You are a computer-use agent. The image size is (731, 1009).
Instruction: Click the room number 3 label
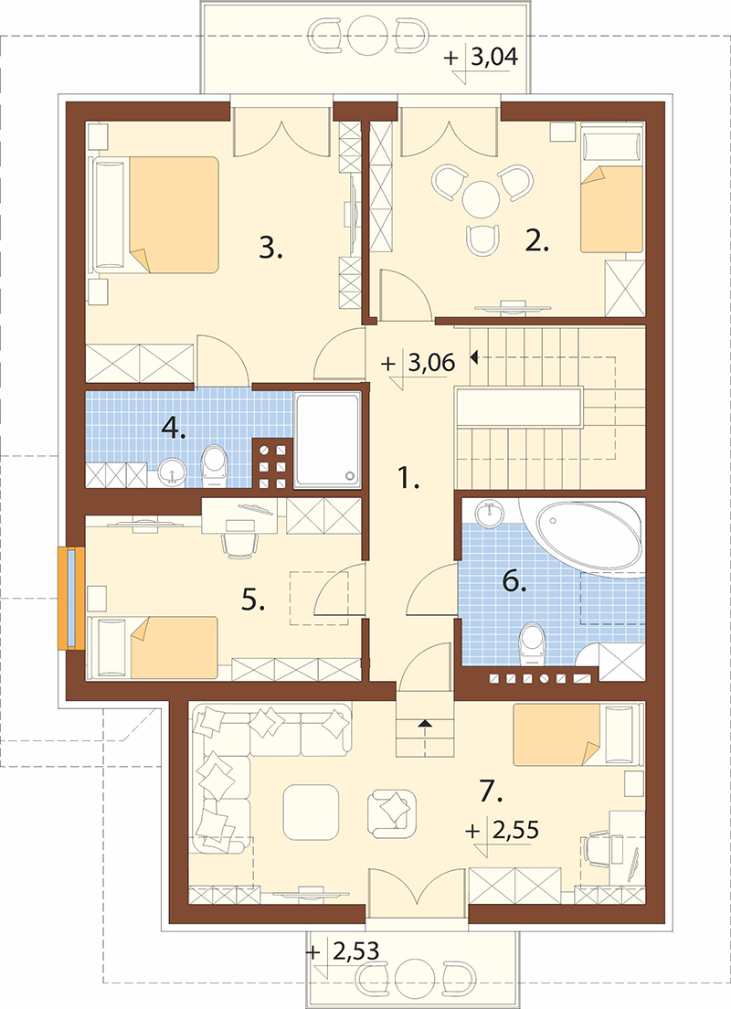click(270, 247)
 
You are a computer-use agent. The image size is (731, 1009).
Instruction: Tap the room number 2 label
click(536, 240)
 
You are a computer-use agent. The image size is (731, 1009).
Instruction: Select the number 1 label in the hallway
click(408, 478)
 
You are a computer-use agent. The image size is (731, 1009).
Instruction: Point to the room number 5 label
click(253, 600)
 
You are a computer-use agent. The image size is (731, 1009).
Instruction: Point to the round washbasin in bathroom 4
click(171, 472)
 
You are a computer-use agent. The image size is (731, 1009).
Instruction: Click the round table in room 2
click(481, 200)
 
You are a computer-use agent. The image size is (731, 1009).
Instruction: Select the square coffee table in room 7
click(311, 813)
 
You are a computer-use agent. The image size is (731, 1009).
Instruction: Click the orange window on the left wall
click(70, 597)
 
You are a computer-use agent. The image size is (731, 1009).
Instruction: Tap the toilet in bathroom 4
click(215, 466)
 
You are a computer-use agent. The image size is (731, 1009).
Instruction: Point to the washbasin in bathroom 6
click(491, 515)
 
